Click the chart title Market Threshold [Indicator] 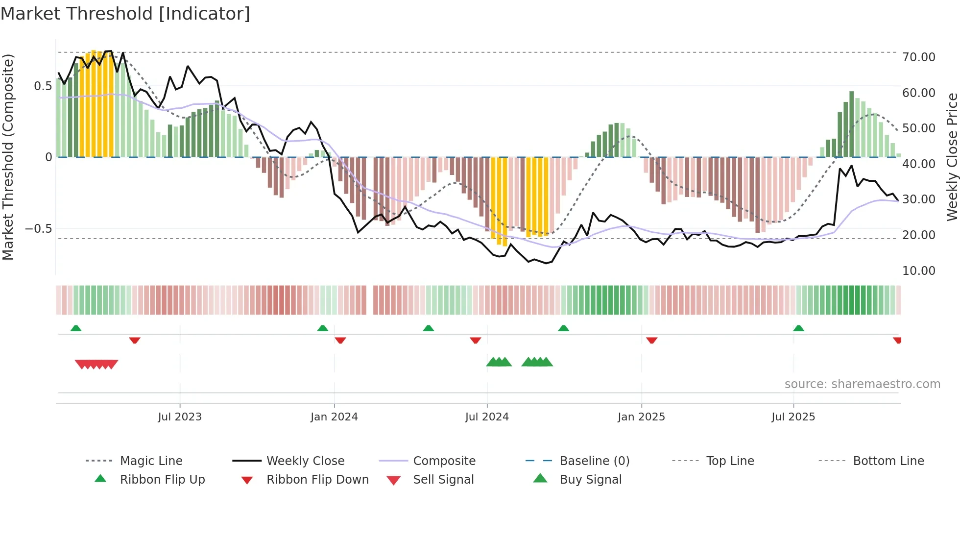[x=125, y=14]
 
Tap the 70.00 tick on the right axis [x=918, y=57]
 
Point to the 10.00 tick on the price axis [x=918, y=271]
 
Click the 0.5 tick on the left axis [x=43, y=86]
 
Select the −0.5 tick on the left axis [x=38, y=229]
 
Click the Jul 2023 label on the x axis [x=180, y=417]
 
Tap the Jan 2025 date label [x=641, y=417]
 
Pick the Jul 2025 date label [x=793, y=417]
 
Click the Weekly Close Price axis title [x=951, y=157]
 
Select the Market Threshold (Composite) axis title [x=8, y=157]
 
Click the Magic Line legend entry [x=151, y=461]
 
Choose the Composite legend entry [x=444, y=461]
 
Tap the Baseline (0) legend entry [x=594, y=461]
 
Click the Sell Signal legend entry [x=443, y=480]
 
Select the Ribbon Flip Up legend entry [x=162, y=480]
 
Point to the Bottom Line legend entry [x=888, y=461]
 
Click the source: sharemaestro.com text [x=862, y=384]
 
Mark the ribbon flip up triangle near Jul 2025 [x=798, y=328]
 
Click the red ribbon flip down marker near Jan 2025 [x=651, y=340]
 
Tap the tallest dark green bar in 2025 [x=851, y=124]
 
